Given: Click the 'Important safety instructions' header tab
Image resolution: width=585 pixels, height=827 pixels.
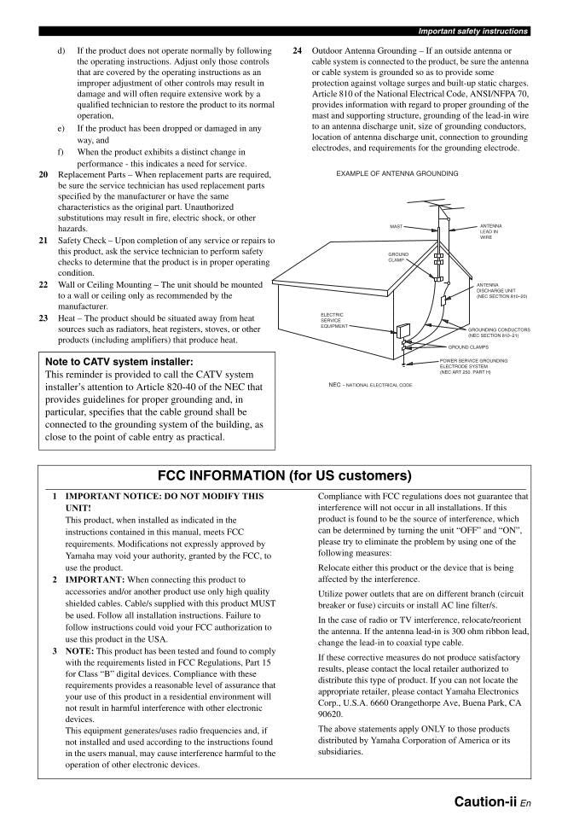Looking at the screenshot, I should [x=472, y=32].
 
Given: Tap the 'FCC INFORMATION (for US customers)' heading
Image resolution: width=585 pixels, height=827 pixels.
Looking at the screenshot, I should [x=285, y=475].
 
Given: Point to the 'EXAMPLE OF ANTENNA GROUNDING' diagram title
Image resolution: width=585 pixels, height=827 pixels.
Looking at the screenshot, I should [x=397, y=173].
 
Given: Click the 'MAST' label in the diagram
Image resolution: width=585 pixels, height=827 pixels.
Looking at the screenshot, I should [x=396, y=227].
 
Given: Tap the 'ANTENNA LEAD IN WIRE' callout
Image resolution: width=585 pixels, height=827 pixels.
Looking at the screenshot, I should [x=489, y=231].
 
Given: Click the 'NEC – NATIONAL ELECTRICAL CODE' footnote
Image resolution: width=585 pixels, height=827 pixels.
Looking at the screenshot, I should [x=370, y=385].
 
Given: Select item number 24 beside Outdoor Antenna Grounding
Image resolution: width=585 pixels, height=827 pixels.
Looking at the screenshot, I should [x=297, y=51].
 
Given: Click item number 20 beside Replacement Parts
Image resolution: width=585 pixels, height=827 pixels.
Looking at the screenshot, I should [x=43, y=174].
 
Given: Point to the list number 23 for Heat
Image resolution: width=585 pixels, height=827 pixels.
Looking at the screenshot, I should [x=43, y=318].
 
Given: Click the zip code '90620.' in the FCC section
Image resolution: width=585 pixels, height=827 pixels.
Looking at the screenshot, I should [x=330, y=713].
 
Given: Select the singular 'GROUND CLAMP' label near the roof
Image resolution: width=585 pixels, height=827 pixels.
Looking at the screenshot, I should [x=398, y=257].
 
